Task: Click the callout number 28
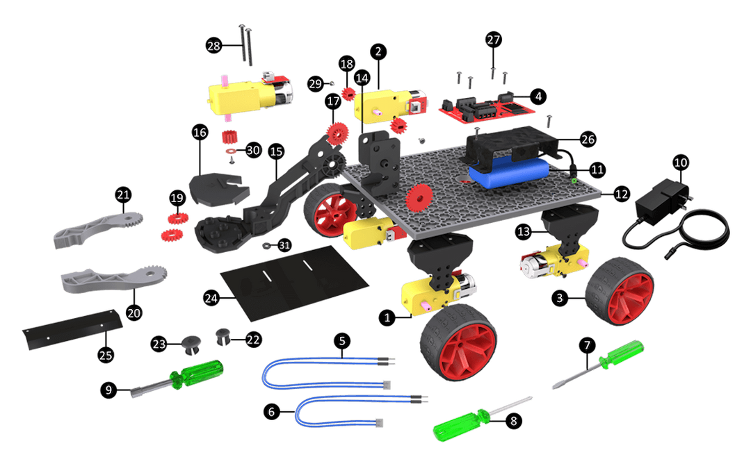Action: [x=213, y=46]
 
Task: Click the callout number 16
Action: [x=200, y=132]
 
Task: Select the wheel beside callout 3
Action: [x=620, y=290]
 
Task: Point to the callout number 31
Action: [x=284, y=245]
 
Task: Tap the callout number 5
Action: [x=342, y=341]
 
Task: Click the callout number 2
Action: [x=378, y=51]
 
